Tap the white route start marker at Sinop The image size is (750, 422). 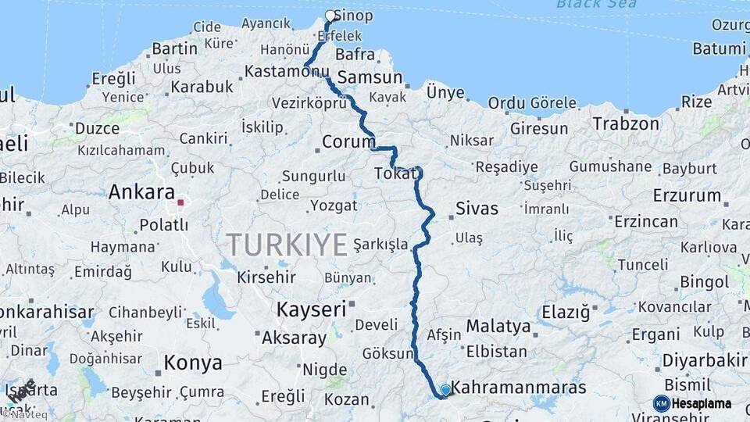330,15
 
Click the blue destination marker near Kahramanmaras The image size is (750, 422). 445,389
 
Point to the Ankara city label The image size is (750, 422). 141,191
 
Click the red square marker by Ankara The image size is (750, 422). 180,202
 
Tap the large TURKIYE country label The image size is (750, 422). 287,245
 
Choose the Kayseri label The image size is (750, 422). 310,309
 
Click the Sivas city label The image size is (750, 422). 477,209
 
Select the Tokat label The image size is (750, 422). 395,173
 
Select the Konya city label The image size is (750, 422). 192,363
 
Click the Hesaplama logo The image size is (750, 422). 693,403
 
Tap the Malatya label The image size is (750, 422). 498,326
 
